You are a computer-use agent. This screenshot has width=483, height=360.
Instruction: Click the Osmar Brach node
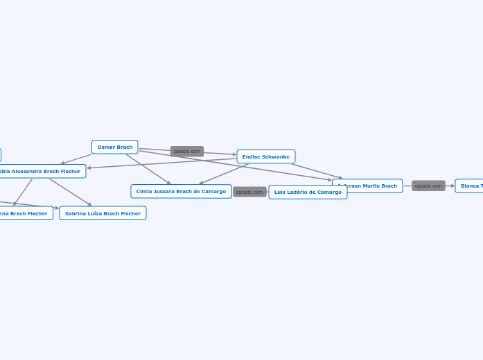115,147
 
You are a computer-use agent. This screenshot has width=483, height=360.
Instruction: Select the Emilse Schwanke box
266,156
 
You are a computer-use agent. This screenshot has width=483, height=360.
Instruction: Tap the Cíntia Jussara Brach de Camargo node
181,191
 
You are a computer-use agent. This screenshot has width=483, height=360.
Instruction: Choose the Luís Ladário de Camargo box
308,192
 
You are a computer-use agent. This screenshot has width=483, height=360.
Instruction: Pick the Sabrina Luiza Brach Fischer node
103,213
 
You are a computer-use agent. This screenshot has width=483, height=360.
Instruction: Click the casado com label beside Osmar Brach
187,151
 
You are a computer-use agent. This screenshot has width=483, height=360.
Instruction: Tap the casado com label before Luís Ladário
249,192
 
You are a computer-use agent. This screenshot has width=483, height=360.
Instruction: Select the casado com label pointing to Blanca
428,186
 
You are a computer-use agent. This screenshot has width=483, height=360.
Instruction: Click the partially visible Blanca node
471,186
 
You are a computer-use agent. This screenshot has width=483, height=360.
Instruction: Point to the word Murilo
371,186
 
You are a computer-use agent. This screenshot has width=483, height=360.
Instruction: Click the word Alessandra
27,171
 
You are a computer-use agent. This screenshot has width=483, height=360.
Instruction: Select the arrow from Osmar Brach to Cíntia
148,169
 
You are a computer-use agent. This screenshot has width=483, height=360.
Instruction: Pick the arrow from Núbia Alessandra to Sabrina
70,192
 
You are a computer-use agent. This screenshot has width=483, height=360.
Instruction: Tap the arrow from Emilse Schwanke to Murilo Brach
317,171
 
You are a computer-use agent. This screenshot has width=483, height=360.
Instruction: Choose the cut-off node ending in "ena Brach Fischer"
25,213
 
